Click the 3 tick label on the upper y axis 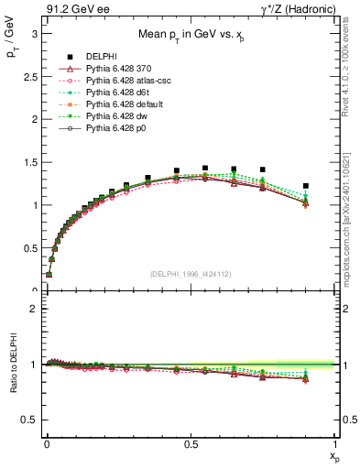click(x=32, y=34)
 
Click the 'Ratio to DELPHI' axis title click(x=12, y=365)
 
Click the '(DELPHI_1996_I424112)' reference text click(x=190, y=273)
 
